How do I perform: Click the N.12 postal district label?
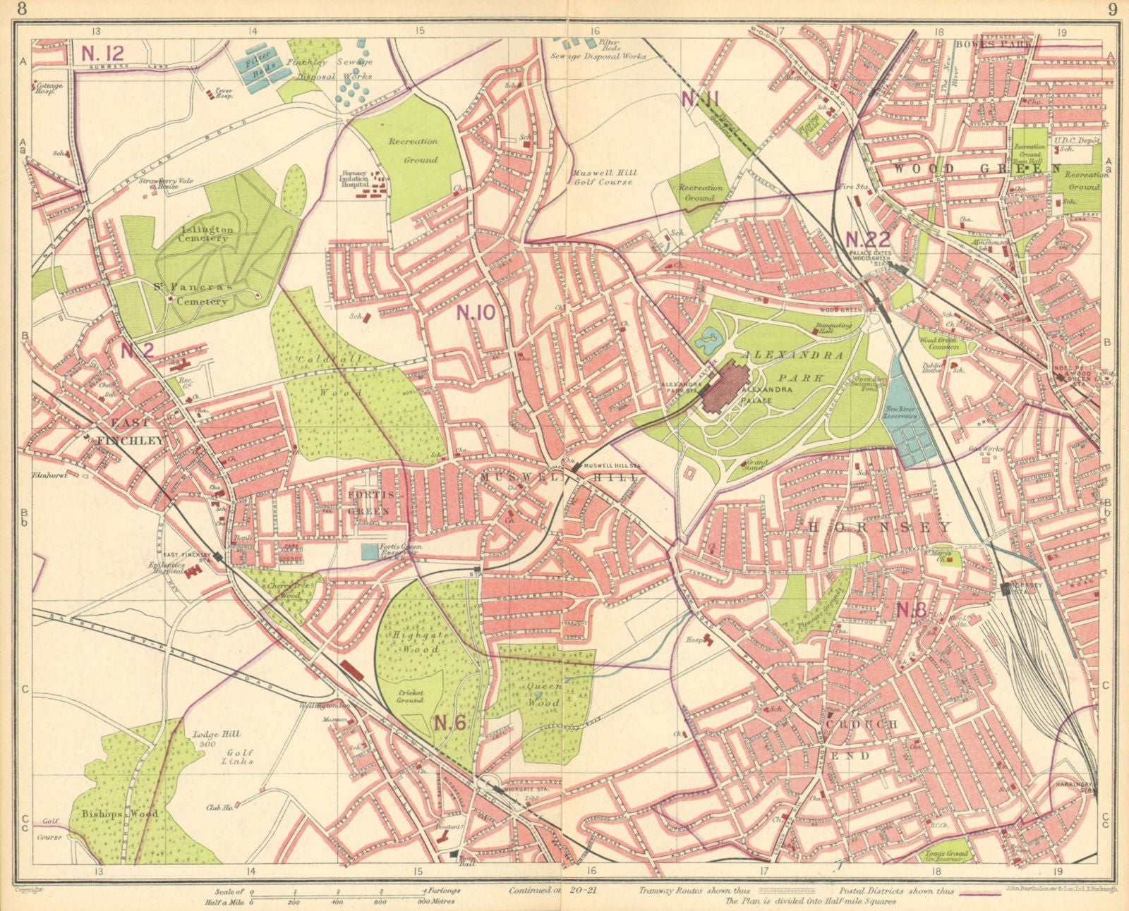[103, 53]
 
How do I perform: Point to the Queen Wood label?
[543, 694]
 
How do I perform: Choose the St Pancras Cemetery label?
[191, 295]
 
